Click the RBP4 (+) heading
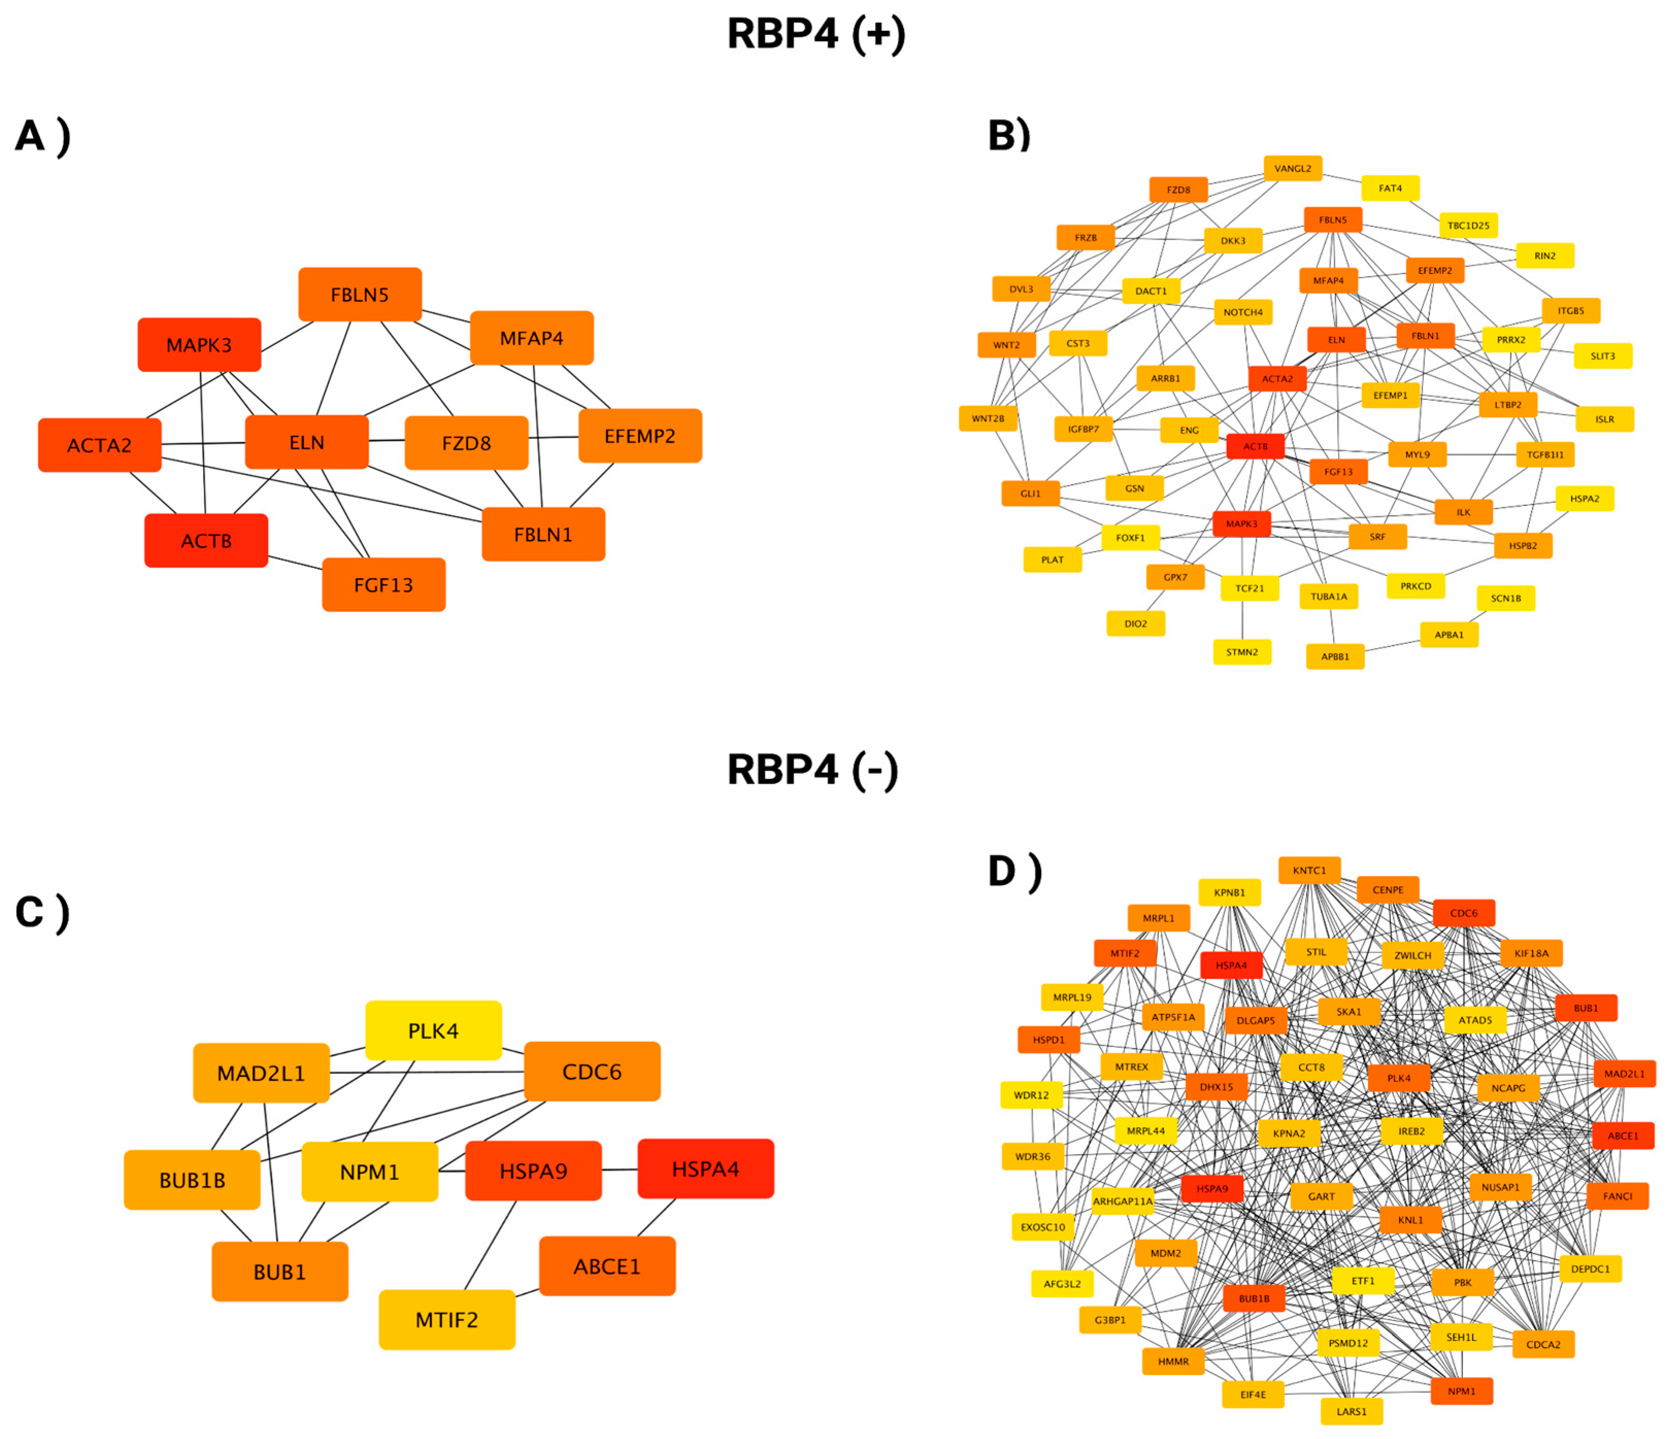coord(816,35)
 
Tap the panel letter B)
coord(1009,135)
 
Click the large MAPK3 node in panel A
coord(199,345)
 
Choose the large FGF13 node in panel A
coord(383,585)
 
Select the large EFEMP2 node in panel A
coord(640,436)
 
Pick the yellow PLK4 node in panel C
coord(433,1031)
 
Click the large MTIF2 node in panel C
coord(447,1320)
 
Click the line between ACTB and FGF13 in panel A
coord(295,563)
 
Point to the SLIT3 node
coord(1603,355)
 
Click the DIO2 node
coord(1135,624)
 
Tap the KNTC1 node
coord(1309,870)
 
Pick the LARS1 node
coord(1352,1412)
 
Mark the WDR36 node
coord(1032,1157)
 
